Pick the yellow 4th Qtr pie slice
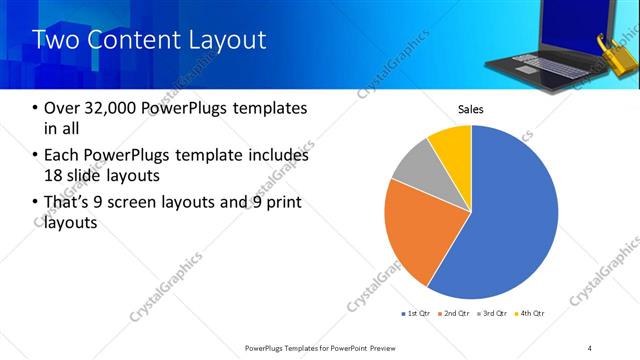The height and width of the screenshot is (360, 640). (x=452, y=145)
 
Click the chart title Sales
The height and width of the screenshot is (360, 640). (x=471, y=108)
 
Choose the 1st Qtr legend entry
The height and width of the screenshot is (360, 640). (x=416, y=314)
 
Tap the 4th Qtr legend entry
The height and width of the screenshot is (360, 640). (x=530, y=314)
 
